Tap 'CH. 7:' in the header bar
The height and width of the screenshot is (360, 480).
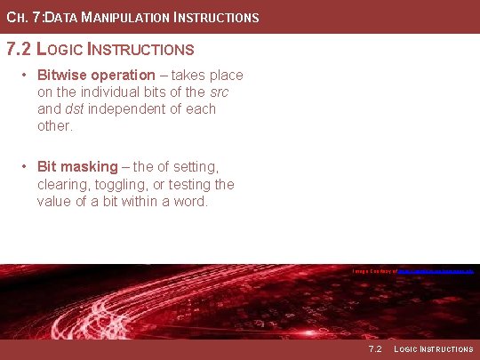[x=23, y=17]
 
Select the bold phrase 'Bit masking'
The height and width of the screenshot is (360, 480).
[x=77, y=166]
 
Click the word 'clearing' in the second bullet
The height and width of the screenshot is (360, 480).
[x=63, y=184]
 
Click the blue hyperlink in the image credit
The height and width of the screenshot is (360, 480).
[x=436, y=270]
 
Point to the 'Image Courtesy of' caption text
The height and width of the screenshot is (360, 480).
[x=374, y=270]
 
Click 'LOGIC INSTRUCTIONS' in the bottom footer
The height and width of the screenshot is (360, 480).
[x=433, y=349]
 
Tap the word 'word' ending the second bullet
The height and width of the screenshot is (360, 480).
[x=191, y=201]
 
